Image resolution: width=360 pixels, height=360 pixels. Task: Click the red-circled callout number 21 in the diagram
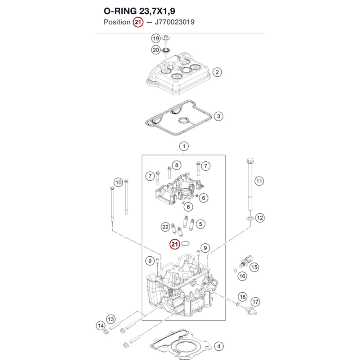[x=175, y=244]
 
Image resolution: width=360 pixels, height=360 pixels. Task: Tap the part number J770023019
[x=175, y=22]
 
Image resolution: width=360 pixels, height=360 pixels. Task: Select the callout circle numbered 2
[x=217, y=72]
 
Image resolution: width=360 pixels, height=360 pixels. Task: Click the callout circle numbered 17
[x=255, y=302]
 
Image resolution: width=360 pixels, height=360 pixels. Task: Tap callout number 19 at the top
[x=156, y=39]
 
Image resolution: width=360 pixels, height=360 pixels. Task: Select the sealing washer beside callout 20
[x=166, y=50]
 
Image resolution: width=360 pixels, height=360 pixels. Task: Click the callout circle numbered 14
[x=100, y=325]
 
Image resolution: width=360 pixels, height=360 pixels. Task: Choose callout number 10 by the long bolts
[x=118, y=183]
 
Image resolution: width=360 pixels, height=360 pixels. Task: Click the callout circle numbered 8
[x=176, y=165]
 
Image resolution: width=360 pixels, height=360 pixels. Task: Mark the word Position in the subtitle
[x=117, y=22]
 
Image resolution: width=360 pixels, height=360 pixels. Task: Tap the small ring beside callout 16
[x=235, y=271]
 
